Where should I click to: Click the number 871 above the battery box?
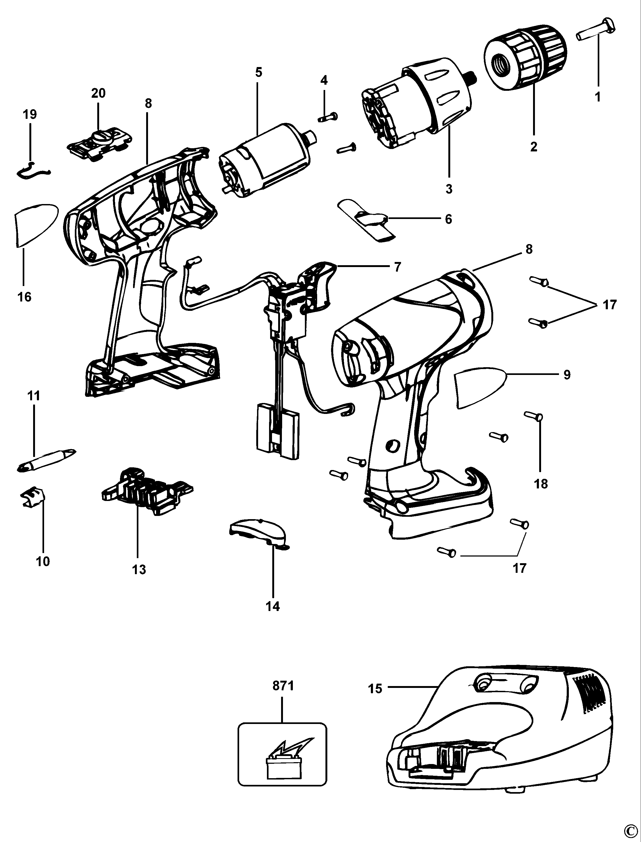(283, 686)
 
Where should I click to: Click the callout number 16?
(24, 297)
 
